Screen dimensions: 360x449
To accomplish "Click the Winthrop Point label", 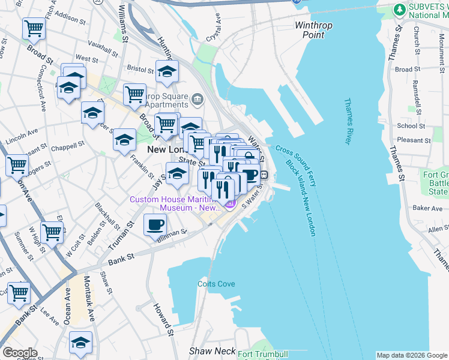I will click(x=310, y=30).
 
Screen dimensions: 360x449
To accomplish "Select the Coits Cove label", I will click(x=216, y=284).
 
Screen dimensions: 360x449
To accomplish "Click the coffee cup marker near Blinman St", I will click(x=155, y=225).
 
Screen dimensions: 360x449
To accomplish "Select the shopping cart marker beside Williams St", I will click(x=134, y=94).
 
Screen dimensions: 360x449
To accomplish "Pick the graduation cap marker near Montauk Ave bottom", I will click(x=80, y=342).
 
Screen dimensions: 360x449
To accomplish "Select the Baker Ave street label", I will click(x=427, y=208).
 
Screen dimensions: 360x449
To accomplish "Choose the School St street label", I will click(x=411, y=126).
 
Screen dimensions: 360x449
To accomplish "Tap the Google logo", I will click(x=20, y=353).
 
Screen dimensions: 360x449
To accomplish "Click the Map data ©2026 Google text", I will click(x=411, y=355).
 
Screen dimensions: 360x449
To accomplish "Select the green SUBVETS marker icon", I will click(x=399, y=10).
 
